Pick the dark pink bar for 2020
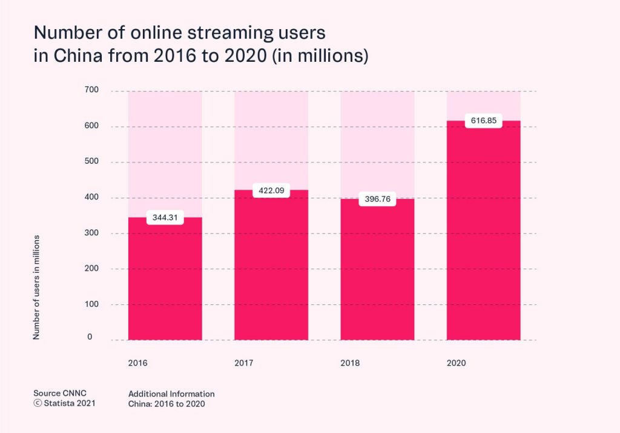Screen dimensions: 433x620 483,237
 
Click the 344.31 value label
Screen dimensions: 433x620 165,217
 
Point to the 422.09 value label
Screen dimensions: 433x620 271,190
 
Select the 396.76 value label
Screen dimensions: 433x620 377,200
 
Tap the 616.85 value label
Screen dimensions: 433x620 483,121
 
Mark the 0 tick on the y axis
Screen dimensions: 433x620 89,337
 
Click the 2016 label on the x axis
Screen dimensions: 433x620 137,364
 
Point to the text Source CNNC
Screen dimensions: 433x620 60,394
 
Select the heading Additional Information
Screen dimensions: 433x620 171,394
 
